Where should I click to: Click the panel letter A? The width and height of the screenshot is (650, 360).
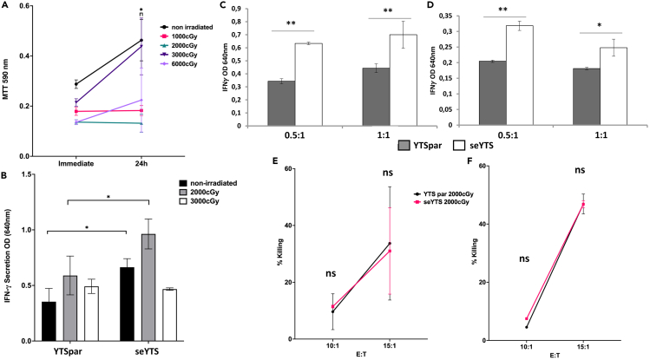pyautogui.click(x=6, y=8)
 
